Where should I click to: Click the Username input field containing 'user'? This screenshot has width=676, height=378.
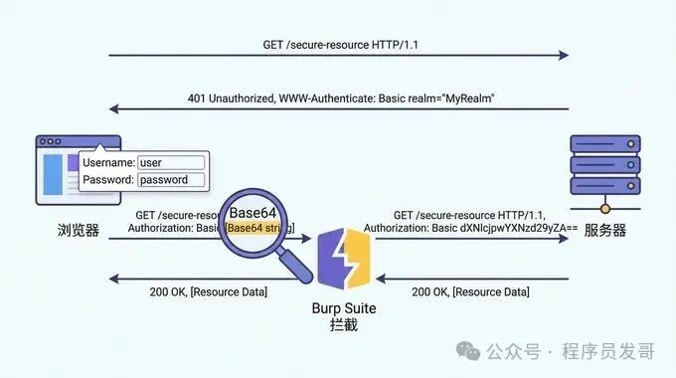point(171,162)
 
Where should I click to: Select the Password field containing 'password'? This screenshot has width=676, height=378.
point(171,180)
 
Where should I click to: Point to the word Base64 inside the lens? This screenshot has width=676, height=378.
point(253,213)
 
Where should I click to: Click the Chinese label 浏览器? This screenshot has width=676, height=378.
point(80,230)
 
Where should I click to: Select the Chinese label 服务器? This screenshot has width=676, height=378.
point(604,230)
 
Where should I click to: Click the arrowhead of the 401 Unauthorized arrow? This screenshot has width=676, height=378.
point(113,109)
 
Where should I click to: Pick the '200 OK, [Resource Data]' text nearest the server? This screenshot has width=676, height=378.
point(470,291)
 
